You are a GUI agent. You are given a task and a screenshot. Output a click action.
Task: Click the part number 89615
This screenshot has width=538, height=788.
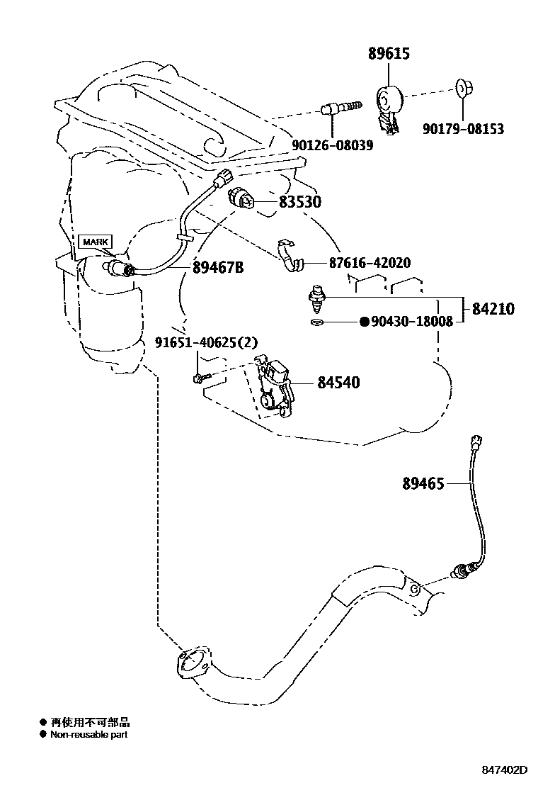(x=389, y=54)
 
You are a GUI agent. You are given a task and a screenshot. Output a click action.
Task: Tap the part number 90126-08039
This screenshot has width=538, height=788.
(x=332, y=145)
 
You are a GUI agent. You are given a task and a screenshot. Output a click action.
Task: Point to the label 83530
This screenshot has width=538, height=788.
(x=299, y=203)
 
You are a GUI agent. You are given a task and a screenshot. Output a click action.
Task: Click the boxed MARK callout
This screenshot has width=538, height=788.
(x=93, y=242)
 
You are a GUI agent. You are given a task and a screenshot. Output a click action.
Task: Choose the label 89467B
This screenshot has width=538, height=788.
(x=218, y=267)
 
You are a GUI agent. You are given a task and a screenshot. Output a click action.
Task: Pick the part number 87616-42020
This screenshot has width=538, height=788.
(x=370, y=263)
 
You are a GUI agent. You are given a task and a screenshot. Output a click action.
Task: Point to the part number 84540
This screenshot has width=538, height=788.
(x=338, y=383)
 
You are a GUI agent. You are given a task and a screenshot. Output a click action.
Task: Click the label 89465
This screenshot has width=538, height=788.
(x=423, y=484)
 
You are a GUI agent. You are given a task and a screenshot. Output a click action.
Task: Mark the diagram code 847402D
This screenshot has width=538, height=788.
(x=505, y=770)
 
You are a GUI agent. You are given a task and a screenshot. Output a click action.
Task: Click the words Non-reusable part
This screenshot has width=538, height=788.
(x=88, y=735)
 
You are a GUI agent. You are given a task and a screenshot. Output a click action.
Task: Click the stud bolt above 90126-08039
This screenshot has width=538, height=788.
(x=342, y=108)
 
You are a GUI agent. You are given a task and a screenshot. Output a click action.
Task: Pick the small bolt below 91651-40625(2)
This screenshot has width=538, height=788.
(x=199, y=379)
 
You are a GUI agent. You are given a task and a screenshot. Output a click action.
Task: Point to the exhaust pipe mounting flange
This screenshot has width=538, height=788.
(x=190, y=665)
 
